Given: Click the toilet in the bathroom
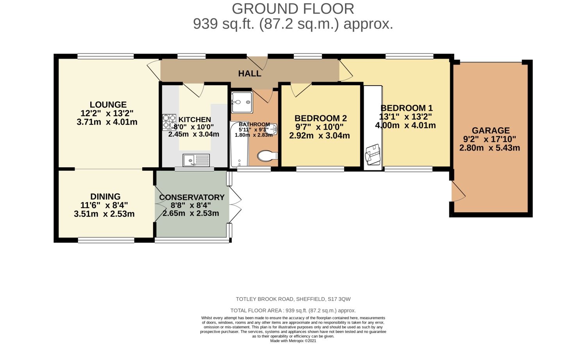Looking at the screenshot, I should coord(267,156).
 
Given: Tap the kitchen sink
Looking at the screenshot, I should coord(196,160).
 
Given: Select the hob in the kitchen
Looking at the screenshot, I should coord(169,122).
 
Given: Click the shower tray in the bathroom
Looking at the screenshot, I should coord(241,102).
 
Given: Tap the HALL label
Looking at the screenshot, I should coord(250,73).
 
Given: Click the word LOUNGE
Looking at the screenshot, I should coord(108,105).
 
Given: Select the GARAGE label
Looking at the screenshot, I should coord(491,131).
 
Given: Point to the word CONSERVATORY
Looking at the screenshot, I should coord(191,197).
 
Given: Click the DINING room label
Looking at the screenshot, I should coord(105,197).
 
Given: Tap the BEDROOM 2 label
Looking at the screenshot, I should coord(320,118).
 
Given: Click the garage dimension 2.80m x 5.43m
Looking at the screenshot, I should coord(490,148).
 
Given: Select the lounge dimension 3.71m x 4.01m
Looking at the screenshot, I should coord(107,122).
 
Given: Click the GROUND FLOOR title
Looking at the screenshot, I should coord(293,9).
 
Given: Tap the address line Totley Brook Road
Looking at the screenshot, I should coord(293,299).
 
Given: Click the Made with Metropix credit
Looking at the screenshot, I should coord(293,341).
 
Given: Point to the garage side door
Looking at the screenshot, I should coord(458,192).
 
